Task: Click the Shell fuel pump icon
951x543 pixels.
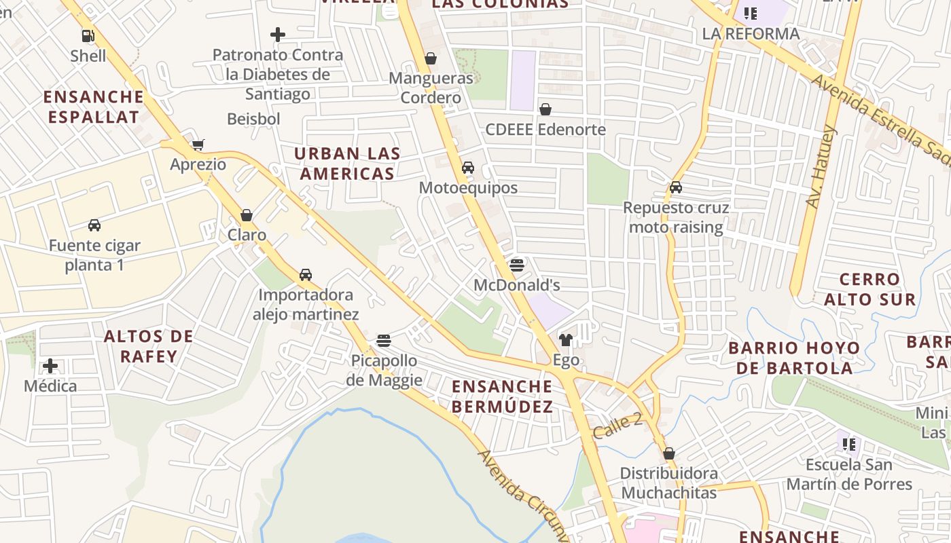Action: [x=88, y=36]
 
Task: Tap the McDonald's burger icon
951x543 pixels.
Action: [x=517, y=265]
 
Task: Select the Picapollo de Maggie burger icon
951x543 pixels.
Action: [x=384, y=340]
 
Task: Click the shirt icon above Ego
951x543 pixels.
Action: [x=565, y=339]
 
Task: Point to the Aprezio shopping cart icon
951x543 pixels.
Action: [x=198, y=145]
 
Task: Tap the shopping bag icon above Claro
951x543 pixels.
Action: [x=247, y=215]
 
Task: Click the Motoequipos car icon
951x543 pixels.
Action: [x=468, y=168]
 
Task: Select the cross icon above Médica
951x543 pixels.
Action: [x=50, y=367]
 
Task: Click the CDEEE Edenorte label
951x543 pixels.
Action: [x=545, y=129]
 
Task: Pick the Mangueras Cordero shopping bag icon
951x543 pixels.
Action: [x=430, y=58]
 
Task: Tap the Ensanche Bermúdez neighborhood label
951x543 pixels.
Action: [x=502, y=396]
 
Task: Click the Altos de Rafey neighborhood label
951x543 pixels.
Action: [x=149, y=346]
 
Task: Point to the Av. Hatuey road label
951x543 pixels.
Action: [x=821, y=166]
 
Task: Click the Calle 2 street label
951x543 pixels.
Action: [x=617, y=426]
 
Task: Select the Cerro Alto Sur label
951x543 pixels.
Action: [x=869, y=289]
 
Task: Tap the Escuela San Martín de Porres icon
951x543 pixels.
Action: [x=848, y=445]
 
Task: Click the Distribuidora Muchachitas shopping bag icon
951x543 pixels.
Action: [x=669, y=453]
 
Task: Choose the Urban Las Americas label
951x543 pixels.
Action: [x=347, y=164]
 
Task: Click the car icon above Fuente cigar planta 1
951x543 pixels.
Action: [x=94, y=225]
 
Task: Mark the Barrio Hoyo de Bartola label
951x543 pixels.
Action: [x=794, y=358]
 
